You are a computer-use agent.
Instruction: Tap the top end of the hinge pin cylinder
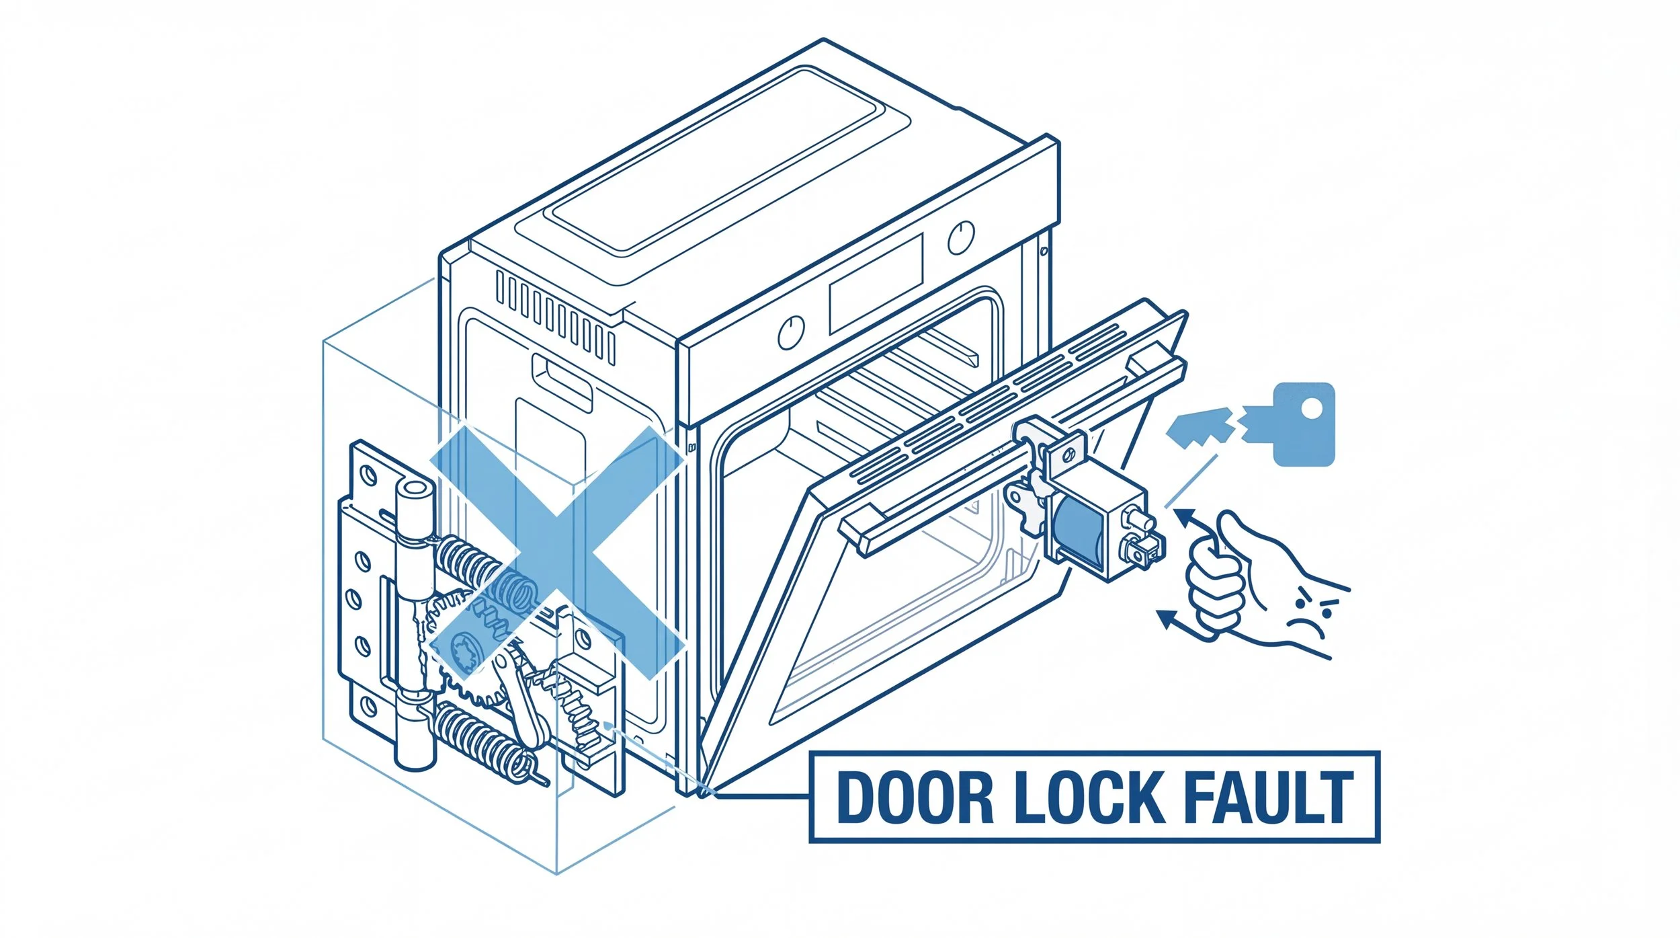pos(414,488)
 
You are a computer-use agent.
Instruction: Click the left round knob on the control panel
pos(791,332)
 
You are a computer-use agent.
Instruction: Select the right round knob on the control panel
pos(961,237)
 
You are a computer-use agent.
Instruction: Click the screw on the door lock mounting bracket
pos(1019,498)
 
